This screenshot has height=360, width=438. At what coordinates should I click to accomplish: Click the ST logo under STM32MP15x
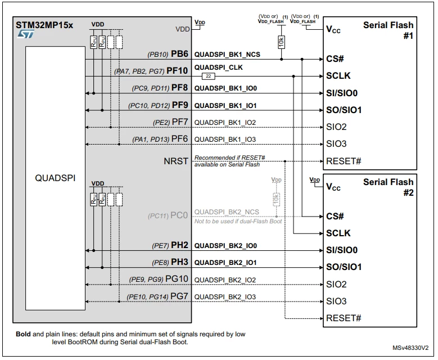[x=26, y=34]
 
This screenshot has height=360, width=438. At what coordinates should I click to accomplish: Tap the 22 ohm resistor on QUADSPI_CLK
[x=209, y=76]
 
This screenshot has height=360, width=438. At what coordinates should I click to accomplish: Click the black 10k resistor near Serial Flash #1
[x=281, y=42]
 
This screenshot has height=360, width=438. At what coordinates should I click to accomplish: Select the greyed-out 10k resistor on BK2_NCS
[x=276, y=199]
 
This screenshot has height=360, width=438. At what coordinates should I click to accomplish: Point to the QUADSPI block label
[x=55, y=178]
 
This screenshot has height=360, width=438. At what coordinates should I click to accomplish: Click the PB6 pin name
[x=179, y=53]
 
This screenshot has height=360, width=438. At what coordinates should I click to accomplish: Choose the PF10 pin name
[x=177, y=71]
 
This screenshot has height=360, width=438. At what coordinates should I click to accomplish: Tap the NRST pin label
[x=176, y=161]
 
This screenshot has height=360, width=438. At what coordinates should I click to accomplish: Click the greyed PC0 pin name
[x=179, y=215]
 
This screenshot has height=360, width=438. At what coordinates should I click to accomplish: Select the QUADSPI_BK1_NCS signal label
[x=227, y=55]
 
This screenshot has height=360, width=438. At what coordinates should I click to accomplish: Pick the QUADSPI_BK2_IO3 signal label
[x=225, y=297]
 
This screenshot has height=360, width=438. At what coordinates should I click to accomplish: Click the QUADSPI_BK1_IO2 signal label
[x=225, y=123]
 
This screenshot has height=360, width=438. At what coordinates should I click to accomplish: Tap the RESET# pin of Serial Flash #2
[x=344, y=318]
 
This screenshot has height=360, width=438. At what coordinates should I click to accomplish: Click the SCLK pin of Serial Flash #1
[x=338, y=76]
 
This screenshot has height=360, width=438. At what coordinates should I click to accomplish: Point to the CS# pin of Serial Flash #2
[x=335, y=216]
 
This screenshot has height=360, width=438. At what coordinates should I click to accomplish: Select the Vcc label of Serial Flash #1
[x=333, y=29]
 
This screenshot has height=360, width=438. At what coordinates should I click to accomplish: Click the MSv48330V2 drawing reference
[x=410, y=348]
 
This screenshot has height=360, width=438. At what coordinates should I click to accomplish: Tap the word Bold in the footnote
[x=23, y=334]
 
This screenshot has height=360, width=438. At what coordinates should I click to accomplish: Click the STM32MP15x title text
[x=44, y=25]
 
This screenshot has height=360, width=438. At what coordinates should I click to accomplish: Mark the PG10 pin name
[x=177, y=279]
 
